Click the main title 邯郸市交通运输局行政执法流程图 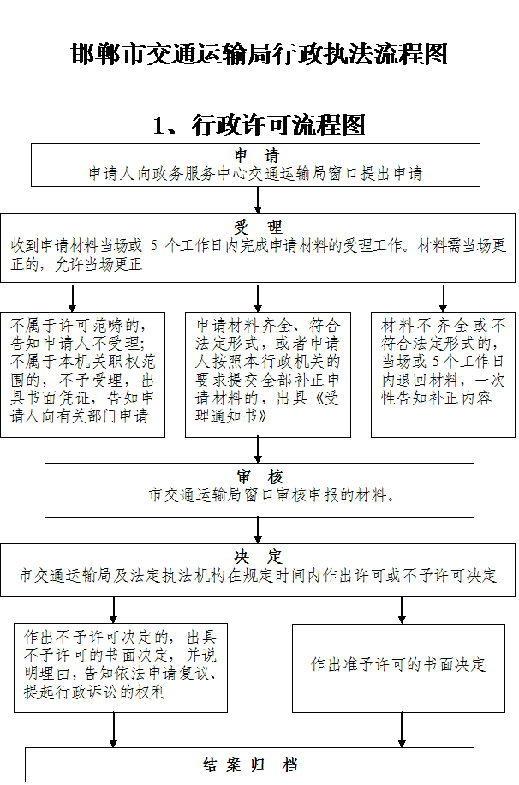tap(259, 54)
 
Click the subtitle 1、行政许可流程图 tap(259, 125)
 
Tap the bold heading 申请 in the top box tap(257, 155)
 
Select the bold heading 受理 tap(257, 227)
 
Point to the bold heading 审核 tap(259, 476)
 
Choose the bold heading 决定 tap(258, 556)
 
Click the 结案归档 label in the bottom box tap(250, 764)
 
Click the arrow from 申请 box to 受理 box tap(258, 201)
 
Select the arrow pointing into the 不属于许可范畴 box tap(73, 298)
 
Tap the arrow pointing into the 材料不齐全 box tap(443, 298)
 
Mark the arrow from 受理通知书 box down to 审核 tap(258, 450)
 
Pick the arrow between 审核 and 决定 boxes tap(258, 530)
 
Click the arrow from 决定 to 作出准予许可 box tap(402, 610)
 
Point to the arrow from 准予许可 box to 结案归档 tap(402, 730)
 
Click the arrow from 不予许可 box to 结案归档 tap(114, 730)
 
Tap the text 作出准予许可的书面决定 tap(398, 664)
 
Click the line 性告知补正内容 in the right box tap(437, 398)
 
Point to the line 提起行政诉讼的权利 tap(94, 692)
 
